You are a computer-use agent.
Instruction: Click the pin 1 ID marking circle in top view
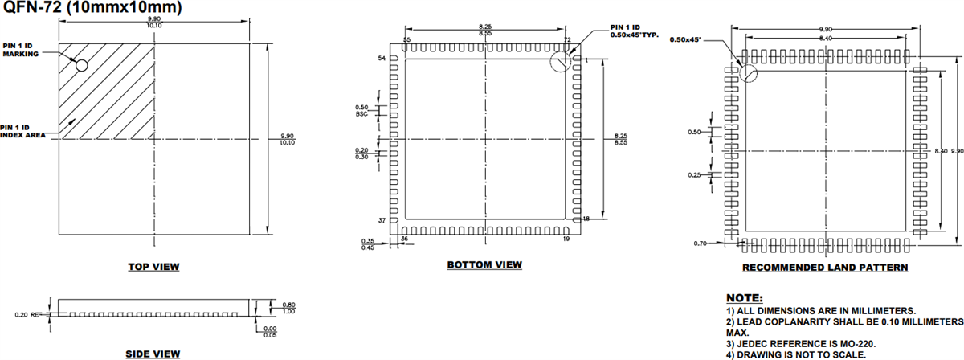(x=81, y=63)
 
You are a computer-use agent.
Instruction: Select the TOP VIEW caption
(x=153, y=266)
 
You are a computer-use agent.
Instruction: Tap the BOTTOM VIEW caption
(x=484, y=264)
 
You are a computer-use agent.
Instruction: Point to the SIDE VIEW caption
(x=153, y=354)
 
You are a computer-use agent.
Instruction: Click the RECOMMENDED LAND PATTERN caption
(x=825, y=267)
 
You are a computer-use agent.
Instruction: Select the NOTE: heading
(x=744, y=298)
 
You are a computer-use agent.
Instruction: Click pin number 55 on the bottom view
(x=407, y=39)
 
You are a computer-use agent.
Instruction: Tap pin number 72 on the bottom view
(x=567, y=39)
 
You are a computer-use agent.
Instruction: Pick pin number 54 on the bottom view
(x=382, y=59)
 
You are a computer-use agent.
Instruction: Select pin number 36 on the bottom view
(x=404, y=239)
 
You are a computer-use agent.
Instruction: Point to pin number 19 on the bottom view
(x=567, y=239)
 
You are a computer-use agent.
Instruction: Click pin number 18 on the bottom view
(x=586, y=219)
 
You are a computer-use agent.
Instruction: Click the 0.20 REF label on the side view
(x=27, y=313)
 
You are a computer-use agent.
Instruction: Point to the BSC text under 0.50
(x=361, y=114)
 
